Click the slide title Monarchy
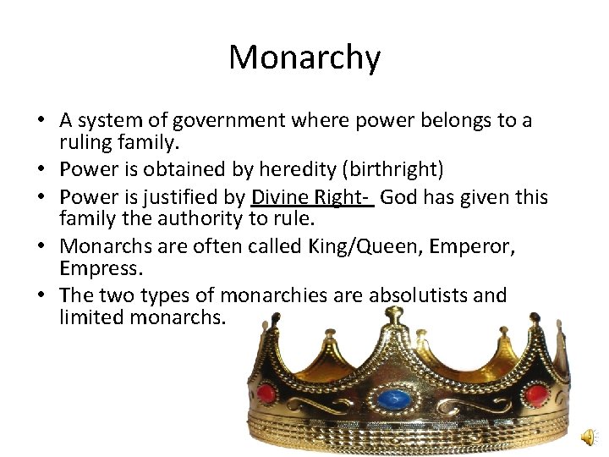point(304,58)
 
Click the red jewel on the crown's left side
point(266,394)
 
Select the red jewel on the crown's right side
point(535,394)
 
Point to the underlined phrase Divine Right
point(310,198)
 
